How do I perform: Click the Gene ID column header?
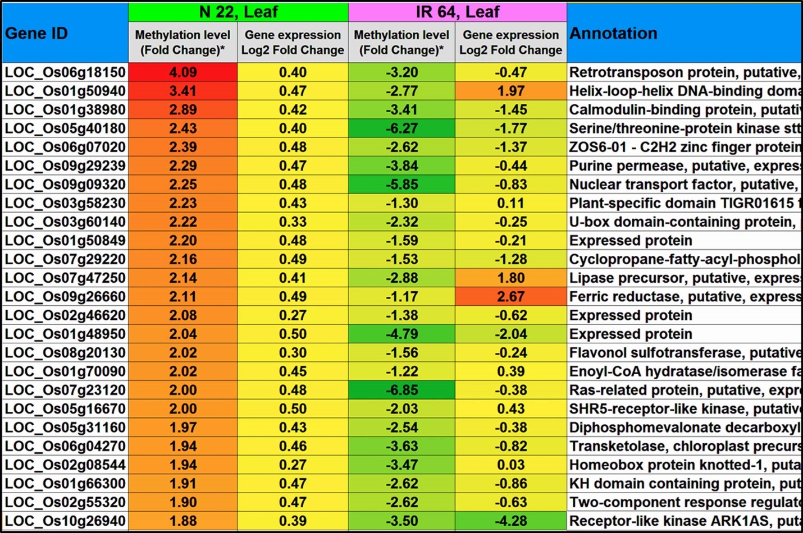coord(36,34)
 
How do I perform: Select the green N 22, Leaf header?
coord(238,12)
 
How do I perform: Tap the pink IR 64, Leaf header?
coord(457,12)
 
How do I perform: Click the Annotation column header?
coord(613,34)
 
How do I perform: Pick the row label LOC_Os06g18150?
coord(65,72)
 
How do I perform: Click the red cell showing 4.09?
coord(183,72)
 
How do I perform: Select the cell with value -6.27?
coord(401,128)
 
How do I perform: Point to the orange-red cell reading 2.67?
coord(510,296)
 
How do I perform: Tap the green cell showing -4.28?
coord(510,521)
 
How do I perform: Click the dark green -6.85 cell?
coord(401,390)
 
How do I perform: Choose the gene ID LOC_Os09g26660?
coord(65,296)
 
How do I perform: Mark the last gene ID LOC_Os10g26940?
coord(65,521)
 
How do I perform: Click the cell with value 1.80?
coord(510,278)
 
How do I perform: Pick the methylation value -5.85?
coord(401,185)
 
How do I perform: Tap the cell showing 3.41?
coord(183,91)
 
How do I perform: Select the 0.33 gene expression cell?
coord(293,222)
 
